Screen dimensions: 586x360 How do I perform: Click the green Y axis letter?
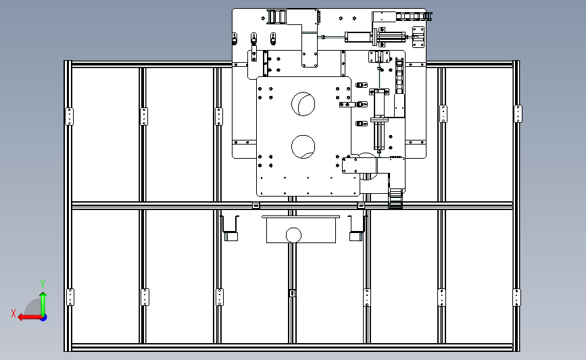click(42, 284)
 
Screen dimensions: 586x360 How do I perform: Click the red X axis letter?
click(14, 313)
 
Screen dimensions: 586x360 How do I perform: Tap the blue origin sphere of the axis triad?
click(44, 318)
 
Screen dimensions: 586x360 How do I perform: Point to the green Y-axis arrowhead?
click(43, 295)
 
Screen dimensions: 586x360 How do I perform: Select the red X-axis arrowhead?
click(21, 317)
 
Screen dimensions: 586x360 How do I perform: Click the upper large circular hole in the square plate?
click(303, 104)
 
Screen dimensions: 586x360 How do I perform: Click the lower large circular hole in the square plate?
click(303, 147)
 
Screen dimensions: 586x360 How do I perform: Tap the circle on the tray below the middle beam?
click(293, 235)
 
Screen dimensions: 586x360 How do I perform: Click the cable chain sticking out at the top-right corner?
click(414, 16)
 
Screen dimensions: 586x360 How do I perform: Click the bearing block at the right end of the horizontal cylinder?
click(418, 37)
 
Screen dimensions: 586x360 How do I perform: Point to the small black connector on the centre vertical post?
click(292, 293)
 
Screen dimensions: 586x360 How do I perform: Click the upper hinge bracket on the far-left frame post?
click(69, 117)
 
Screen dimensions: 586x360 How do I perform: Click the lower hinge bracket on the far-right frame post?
click(516, 297)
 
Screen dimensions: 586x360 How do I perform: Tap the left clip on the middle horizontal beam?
click(255, 205)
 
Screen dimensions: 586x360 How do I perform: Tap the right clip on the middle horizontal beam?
click(361, 205)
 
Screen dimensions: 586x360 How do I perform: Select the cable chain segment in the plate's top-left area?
click(276, 17)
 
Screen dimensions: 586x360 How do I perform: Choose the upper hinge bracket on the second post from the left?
click(144, 117)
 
